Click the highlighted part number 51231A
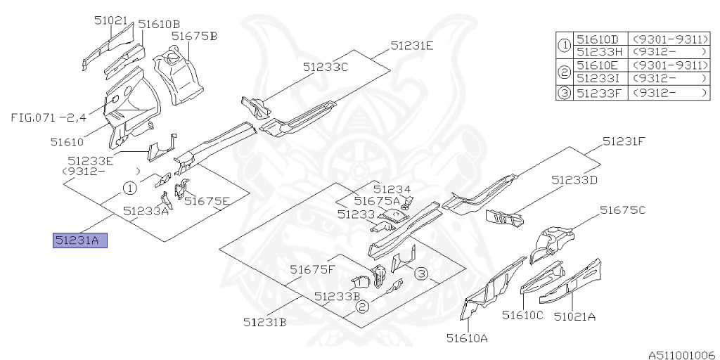(x=80, y=241)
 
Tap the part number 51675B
(x=194, y=36)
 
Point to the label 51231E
(x=412, y=46)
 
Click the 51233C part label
(x=326, y=67)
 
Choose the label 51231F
(x=624, y=141)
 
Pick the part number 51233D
(x=574, y=180)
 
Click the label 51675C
(x=622, y=210)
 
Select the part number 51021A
(x=574, y=316)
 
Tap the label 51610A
(x=467, y=338)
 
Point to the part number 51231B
(x=264, y=323)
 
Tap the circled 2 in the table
(x=564, y=71)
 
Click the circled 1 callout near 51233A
(x=129, y=188)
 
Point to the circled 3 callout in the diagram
(x=420, y=273)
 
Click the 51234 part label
(x=392, y=189)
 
